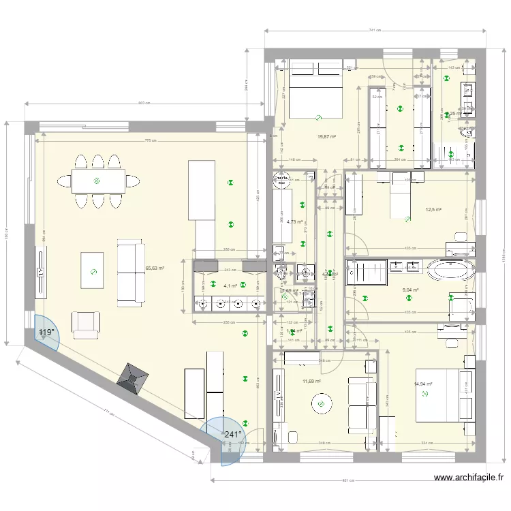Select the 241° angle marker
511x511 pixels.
pos(233,435)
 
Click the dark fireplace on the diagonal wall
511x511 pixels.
pos(133,377)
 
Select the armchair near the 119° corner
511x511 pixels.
pos(85,325)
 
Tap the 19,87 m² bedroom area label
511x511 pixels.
pos(326,136)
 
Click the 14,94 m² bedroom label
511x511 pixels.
pos(423,384)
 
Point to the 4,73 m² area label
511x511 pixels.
pos(294,221)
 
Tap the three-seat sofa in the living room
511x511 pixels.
pos(131,270)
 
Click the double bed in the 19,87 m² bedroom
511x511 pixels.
pos(315,89)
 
